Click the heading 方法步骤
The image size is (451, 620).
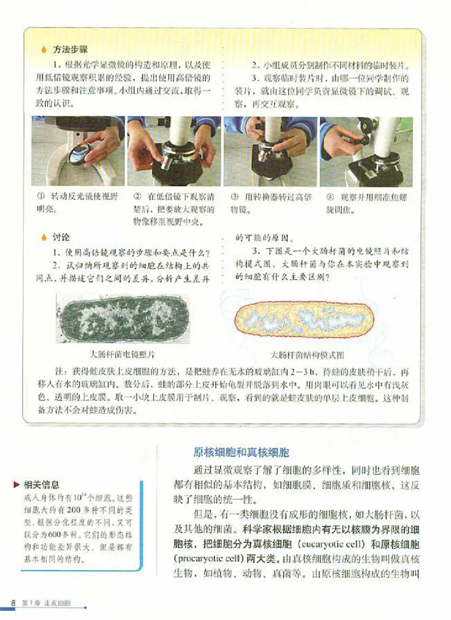tap(69, 50)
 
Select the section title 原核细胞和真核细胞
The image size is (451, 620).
tap(241, 452)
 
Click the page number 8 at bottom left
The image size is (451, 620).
tap(15, 603)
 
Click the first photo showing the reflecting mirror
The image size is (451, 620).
tap(78, 151)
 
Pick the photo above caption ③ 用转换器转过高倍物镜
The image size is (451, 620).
tap(269, 151)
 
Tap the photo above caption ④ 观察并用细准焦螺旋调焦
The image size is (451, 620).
tap(366, 151)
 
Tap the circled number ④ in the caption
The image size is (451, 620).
tap(330, 197)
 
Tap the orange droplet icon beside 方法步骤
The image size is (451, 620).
tap(44, 50)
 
